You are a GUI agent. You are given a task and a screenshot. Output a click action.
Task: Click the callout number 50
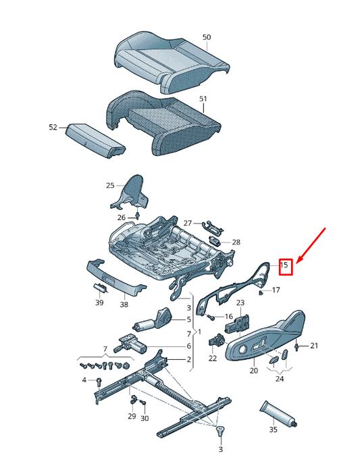tap(207, 37)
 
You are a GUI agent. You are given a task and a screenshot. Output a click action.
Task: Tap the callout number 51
tap(203, 99)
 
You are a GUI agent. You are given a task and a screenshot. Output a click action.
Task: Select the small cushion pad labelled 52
tap(95, 141)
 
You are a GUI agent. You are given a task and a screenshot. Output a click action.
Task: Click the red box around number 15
tap(286, 267)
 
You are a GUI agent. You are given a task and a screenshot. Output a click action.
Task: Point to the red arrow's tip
tap(297, 264)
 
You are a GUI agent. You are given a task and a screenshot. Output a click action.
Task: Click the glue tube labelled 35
tap(278, 413)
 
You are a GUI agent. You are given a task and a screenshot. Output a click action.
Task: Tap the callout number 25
tap(110, 185)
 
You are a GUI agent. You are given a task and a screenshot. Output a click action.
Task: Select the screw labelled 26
tap(138, 215)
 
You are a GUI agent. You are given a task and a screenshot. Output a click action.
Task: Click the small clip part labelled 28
tap(214, 241)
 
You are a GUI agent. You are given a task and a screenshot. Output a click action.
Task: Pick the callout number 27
tap(188, 223)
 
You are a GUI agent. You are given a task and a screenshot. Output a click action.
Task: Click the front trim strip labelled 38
tap(115, 277)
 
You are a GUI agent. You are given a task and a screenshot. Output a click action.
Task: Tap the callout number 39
tap(99, 303)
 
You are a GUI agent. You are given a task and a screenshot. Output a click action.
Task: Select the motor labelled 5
tap(153, 320)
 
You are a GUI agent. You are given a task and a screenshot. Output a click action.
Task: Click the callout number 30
tap(145, 418)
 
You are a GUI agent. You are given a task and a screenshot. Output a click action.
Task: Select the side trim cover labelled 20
tap(266, 338)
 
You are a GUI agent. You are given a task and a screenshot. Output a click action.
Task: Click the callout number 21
tap(314, 346)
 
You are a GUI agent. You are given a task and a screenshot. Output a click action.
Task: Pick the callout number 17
tap(276, 290)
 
